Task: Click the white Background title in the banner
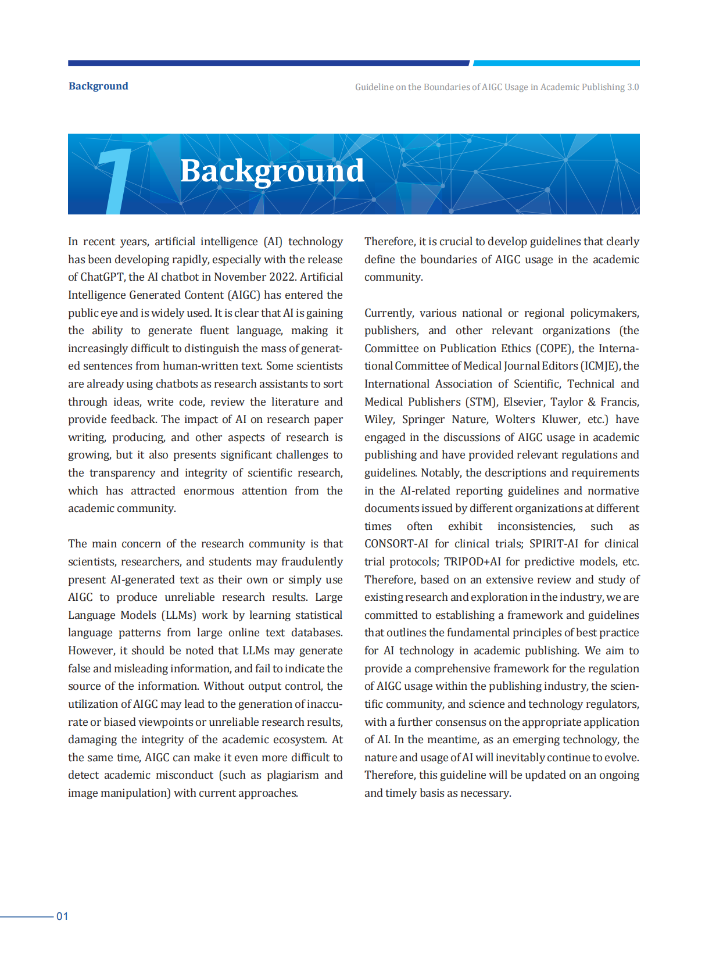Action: pos(272,171)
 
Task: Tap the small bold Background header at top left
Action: pos(98,86)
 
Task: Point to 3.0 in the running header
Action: pos(633,87)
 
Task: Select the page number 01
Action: pos(62,916)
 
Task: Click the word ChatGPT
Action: pos(102,277)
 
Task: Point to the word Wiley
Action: pos(380,420)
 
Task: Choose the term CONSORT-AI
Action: pos(396,544)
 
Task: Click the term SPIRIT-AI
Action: pos(554,544)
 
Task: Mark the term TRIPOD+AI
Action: pos(472,562)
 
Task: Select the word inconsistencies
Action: pos(536,526)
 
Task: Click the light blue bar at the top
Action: pos(556,63)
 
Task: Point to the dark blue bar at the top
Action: pos(268,63)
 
